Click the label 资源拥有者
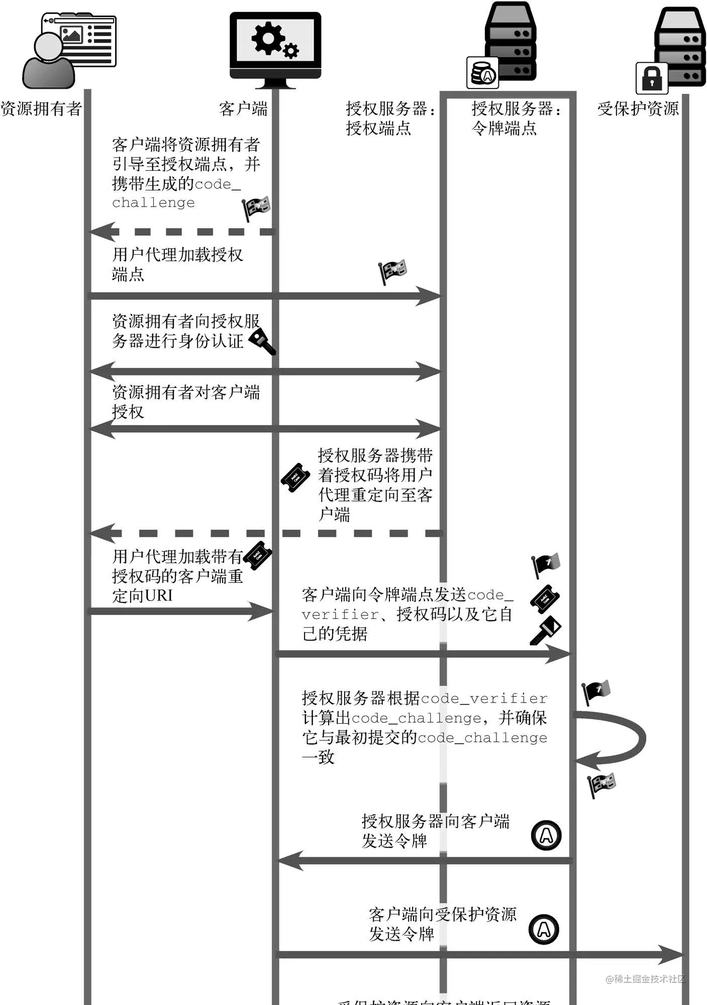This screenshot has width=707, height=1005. pyautogui.click(x=41, y=109)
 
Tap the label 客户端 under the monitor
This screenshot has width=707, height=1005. pyautogui.click(x=243, y=109)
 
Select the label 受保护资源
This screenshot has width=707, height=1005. pyautogui.click(x=638, y=109)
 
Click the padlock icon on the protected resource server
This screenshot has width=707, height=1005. pyautogui.click(x=652, y=78)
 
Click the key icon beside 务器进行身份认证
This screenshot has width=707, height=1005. pyautogui.click(x=262, y=341)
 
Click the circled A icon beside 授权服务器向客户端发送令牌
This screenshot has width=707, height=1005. pyautogui.click(x=546, y=835)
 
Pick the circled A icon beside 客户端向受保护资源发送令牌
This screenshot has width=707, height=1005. pyautogui.click(x=544, y=929)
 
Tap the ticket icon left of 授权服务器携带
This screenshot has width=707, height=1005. pyautogui.click(x=295, y=477)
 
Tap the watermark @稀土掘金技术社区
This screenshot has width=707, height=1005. pyautogui.click(x=645, y=979)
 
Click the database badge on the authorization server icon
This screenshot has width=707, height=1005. pyautogui.click(x=482, y=73)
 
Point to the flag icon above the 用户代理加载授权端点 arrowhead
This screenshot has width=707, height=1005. pyautogui.click(x=393, y=271)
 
